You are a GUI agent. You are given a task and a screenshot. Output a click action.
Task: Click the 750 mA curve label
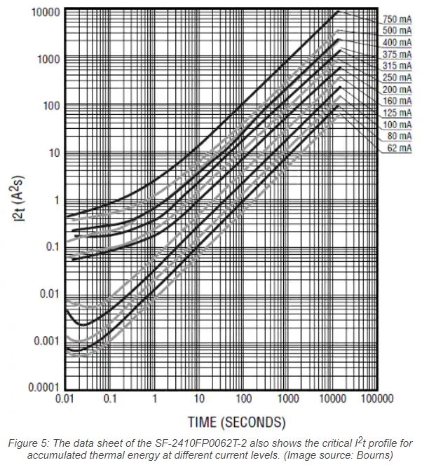(x=397, y=19)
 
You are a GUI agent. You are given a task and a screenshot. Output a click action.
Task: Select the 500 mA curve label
(x=397, y=31)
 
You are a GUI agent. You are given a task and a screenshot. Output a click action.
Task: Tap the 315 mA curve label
(x=397, y=66)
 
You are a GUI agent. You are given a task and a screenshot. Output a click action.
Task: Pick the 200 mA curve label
(x=397, y=89)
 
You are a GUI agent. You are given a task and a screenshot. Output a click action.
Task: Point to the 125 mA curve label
(x=397, y=113)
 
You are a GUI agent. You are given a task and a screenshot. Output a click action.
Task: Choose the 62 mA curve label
(x=399, y=148)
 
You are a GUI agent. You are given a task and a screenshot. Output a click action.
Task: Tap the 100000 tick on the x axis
(x=376, y=399)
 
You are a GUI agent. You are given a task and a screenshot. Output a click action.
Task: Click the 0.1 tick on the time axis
(x=109, y=399)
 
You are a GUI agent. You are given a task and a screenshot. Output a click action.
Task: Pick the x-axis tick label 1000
(x=287, y=399)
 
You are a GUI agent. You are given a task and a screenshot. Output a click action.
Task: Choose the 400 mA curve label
(x=397, y=43)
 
